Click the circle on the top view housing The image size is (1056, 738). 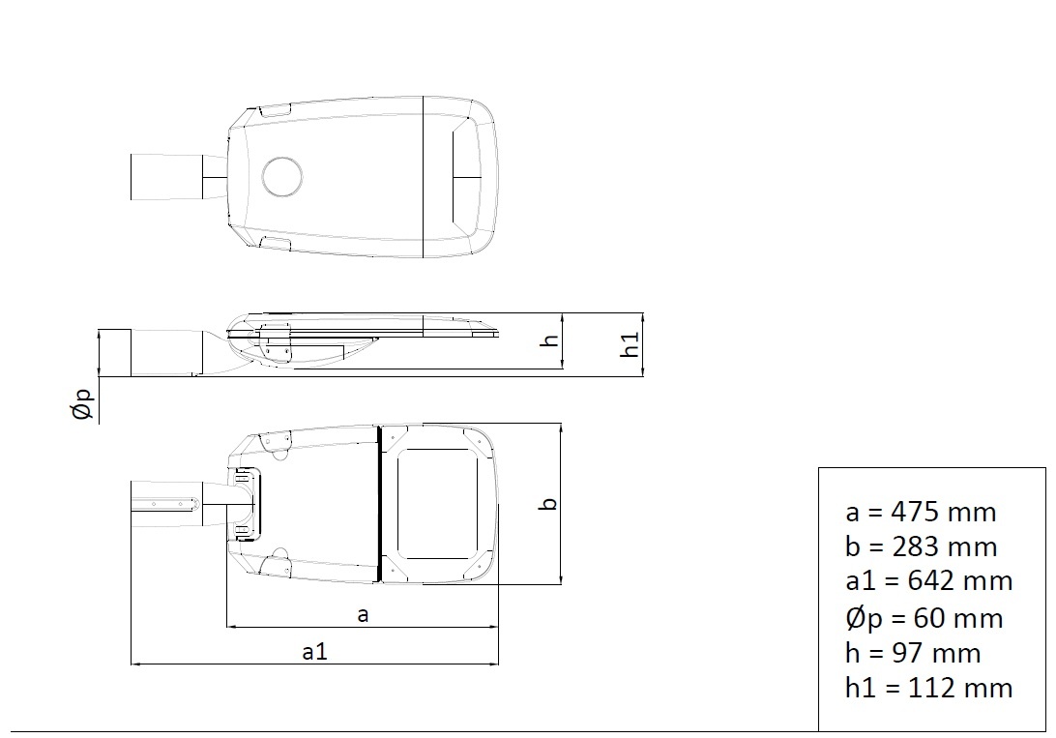[281, 176]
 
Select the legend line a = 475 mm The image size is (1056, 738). [921, 513]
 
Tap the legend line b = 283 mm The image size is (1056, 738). [922, 546]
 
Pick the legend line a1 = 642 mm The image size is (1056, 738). [928, 581]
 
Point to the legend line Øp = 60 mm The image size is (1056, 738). [924, 618]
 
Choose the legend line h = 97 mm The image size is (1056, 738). [913, 653]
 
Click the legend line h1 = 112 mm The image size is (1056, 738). [928, 688]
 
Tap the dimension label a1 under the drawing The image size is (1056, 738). [314, 652]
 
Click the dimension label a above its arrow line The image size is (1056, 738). [363, 615]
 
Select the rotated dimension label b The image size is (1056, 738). [549, 504]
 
